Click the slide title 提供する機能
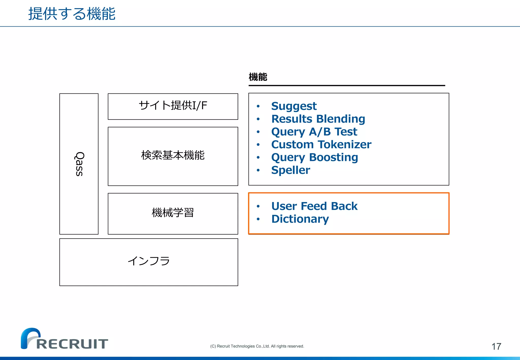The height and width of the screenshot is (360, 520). tap(72, 14)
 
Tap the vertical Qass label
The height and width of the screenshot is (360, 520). tap(79, 164)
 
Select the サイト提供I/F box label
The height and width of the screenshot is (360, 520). tap(173, 105)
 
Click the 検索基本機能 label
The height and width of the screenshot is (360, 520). tap(173, 155)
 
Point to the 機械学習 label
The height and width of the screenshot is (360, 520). tap(173, 212)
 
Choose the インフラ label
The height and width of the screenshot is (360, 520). tap(149, 261)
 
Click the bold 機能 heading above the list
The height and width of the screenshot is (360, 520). tap(258, 77)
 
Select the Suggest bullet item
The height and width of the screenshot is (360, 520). tap(294, 106)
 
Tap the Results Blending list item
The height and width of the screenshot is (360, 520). tap(318, 119)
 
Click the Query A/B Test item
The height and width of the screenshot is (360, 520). tap(314, 132)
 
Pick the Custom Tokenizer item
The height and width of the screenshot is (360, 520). tap(321, 144)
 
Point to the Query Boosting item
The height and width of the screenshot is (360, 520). tap(315, 157)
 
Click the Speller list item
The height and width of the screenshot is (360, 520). tap(290, 170)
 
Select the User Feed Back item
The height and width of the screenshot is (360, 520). tap(314, 206)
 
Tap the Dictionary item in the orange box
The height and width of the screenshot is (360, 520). tap(300, 219)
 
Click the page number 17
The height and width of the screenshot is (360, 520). tap(496, 347)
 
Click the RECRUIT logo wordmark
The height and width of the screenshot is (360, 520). tap(72, 344)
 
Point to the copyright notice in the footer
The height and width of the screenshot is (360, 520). tap(257, 346)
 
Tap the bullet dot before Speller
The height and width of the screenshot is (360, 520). tap(258, 170)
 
